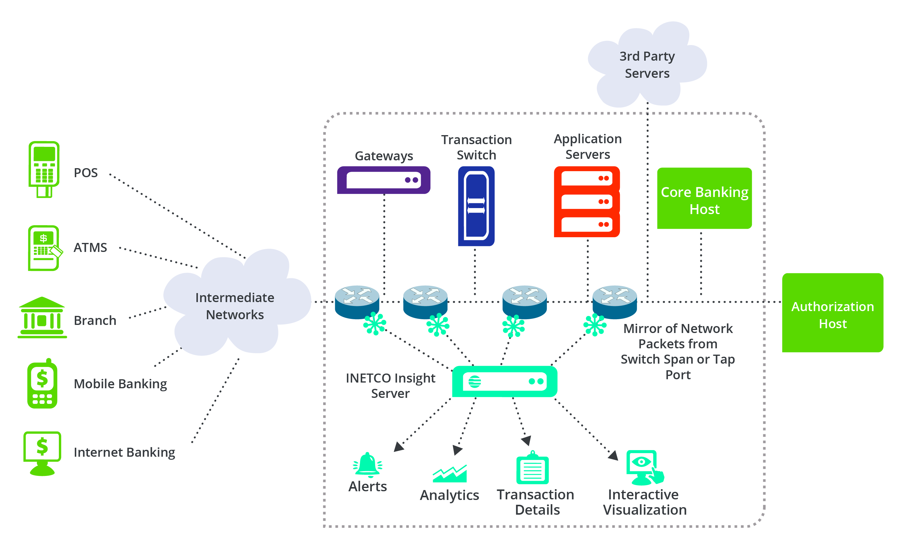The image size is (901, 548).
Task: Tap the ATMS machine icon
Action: [44, 248]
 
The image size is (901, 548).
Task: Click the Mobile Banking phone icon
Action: [42, 384]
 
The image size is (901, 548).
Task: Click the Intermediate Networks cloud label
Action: [235, 306]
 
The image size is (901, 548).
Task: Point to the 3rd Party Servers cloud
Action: [647, 65]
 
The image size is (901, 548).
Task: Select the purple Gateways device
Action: [384, 180]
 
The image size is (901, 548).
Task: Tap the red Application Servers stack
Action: [587, 201]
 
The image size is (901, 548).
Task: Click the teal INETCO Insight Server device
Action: [505, 381]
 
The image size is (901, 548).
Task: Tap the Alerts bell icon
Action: [368, 465]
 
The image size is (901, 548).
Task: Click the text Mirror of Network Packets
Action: [678, 336]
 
